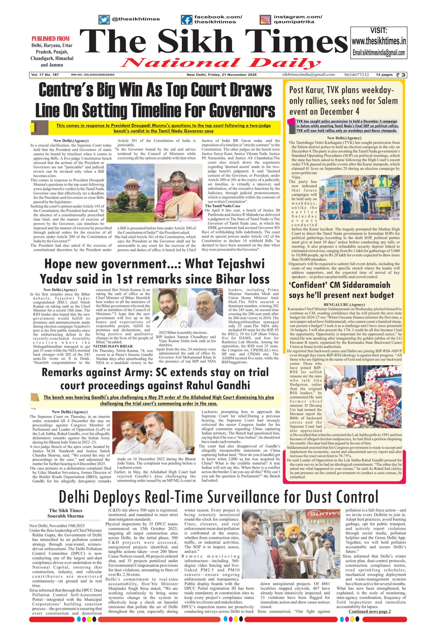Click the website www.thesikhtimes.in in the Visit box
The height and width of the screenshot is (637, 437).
point(379,41)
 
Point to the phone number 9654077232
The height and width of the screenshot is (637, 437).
point(356,75)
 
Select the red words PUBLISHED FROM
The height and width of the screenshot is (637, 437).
point(50,39)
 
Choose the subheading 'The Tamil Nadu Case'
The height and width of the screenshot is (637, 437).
point(223,206)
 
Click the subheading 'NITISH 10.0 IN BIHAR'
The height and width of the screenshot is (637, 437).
point(109,346)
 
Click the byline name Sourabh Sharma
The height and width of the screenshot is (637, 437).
point(66,516)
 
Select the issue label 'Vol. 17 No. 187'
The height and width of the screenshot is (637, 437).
point(45,75)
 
